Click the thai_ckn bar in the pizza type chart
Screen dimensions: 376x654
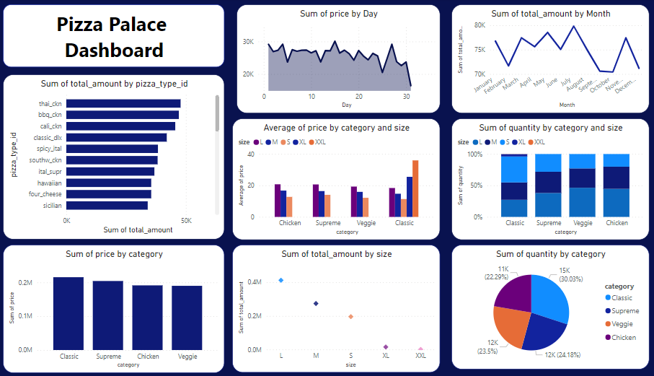pyautogui.click(x=123, y=104)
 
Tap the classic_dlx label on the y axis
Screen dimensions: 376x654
pyautogui.click(x=48, y=137)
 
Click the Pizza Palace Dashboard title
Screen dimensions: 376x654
pyautogui.click(x=112, y=37)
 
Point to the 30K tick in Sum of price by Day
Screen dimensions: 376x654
pyautogui.click(x=248, y=43)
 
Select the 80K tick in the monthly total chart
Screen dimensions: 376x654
pyautogui.click(x=480, y=25)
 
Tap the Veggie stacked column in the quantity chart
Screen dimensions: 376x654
pyautogui.click(x=582, y=185)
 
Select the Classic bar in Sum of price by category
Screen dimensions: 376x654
pyautogui.click(x=69, y=313)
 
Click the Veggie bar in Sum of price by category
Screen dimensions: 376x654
pyautogui.click(x=187, y=318)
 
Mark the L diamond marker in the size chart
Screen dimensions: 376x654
pyautogui.click(x=280, y=280)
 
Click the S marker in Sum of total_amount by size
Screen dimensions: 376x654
pyautogui.click(x=350, y=316)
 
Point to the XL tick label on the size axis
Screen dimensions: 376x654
pyautogui.click(x=386, y=356)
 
